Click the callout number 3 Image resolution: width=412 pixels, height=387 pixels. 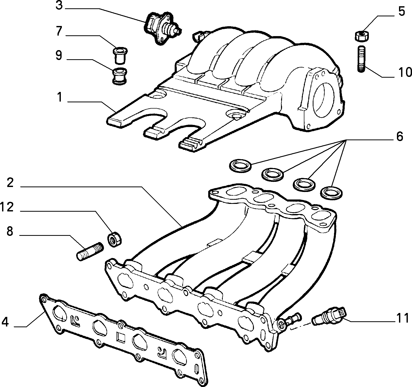coord(59,5)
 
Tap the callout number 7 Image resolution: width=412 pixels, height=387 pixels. coord(59,31)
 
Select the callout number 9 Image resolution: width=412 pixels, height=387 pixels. coord(59,55)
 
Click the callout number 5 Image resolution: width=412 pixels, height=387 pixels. coord(402,11)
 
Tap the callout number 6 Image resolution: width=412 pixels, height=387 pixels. coord(400,136)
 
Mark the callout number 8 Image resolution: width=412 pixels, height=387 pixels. coord(10,231)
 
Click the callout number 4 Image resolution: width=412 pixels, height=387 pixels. coord(5,322)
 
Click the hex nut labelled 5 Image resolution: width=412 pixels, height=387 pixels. coord(361,36)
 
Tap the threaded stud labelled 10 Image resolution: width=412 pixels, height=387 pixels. coord(361,59)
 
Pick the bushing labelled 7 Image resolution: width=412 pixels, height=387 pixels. coord(120,55)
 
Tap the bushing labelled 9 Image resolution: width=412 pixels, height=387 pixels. coord(120,76)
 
